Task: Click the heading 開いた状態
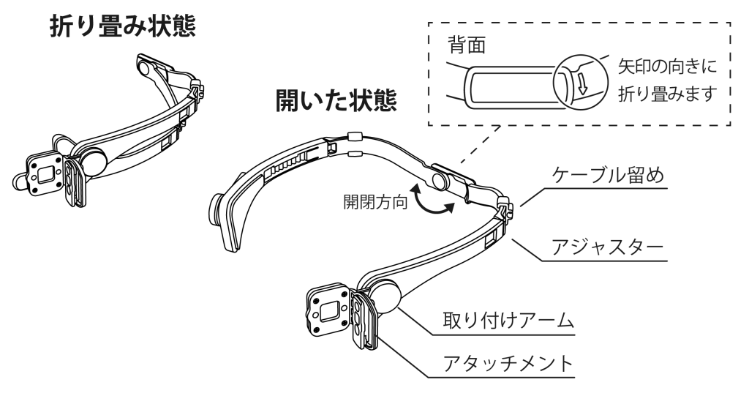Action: tap(336, 100)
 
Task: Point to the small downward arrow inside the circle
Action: tap(582, 83)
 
